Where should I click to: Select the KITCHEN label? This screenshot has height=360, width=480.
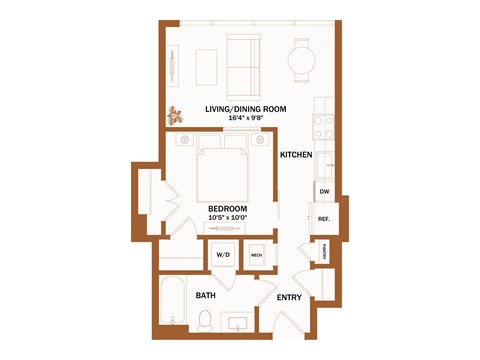[x=296, y=155]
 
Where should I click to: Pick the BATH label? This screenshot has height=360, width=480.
[x=206, y=296]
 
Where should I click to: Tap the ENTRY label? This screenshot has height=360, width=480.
[x=289, y=297]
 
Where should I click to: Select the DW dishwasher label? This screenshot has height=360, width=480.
[x=324, y=190]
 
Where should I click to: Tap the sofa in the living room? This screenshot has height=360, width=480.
[x=244, y=62]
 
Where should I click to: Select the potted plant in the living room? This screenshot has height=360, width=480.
[x=177, y=114]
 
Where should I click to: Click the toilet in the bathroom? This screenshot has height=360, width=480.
[x=205, y=321]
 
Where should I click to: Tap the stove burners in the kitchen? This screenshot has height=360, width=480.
[x=324, y=128]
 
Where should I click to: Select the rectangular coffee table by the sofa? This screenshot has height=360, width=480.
[x=207, y=66]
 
